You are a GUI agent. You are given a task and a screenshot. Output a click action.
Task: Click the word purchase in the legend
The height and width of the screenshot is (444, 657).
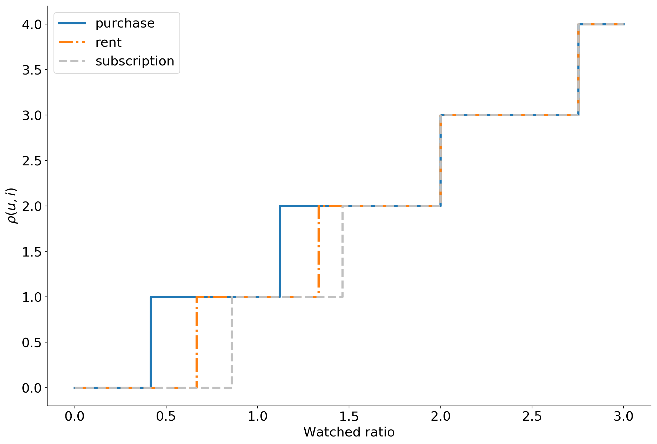(x=125, y=23)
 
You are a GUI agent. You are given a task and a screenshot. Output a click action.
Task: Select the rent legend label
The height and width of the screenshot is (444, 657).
(x=108, y=42)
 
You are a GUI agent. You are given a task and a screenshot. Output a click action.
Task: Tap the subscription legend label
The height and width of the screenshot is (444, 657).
(x=135, y=61)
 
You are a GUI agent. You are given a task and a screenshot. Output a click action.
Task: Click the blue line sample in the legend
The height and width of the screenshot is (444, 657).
(x=72, y=23)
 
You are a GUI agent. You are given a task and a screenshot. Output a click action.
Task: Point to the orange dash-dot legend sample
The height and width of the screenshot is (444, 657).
(x=72, y=42)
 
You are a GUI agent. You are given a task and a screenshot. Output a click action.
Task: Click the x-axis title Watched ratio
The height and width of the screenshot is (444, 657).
(x=349, y=432)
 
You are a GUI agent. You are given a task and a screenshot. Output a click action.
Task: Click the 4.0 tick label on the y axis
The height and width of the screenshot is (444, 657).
(x=32, y=25)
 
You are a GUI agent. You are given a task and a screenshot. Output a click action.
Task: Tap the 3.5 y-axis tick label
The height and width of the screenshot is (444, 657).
(x=32, y=70)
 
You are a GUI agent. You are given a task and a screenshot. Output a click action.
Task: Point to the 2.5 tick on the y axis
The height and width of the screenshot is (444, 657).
(x=32, y=161)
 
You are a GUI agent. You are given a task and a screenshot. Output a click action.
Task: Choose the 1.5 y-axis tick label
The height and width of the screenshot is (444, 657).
(x=32, y=252)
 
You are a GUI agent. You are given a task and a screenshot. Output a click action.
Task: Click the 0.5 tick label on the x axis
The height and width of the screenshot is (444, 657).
(x=166, y=416)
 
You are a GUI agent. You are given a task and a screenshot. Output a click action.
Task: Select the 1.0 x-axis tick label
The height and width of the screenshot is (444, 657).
(x=257, y=416)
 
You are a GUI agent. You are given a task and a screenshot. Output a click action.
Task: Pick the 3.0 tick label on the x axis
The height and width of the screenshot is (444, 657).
(x=623, y=416)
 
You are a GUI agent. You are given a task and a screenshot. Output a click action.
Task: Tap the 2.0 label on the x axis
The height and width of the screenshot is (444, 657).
(x=440, y=416)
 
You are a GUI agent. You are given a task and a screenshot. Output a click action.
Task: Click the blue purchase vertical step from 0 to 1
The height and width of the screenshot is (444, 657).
(x=151, y=342)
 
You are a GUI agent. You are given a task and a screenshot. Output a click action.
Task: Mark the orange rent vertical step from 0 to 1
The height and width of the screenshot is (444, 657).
(x=197, y=342)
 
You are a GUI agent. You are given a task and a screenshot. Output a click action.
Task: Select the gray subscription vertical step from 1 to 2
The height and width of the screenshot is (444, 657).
(x=342, y=252)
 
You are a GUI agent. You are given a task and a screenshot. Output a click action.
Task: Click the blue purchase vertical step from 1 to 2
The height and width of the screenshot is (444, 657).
(x=280, y=252)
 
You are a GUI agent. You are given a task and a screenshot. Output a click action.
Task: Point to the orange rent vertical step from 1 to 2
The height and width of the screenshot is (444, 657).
(x=319, y=252)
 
